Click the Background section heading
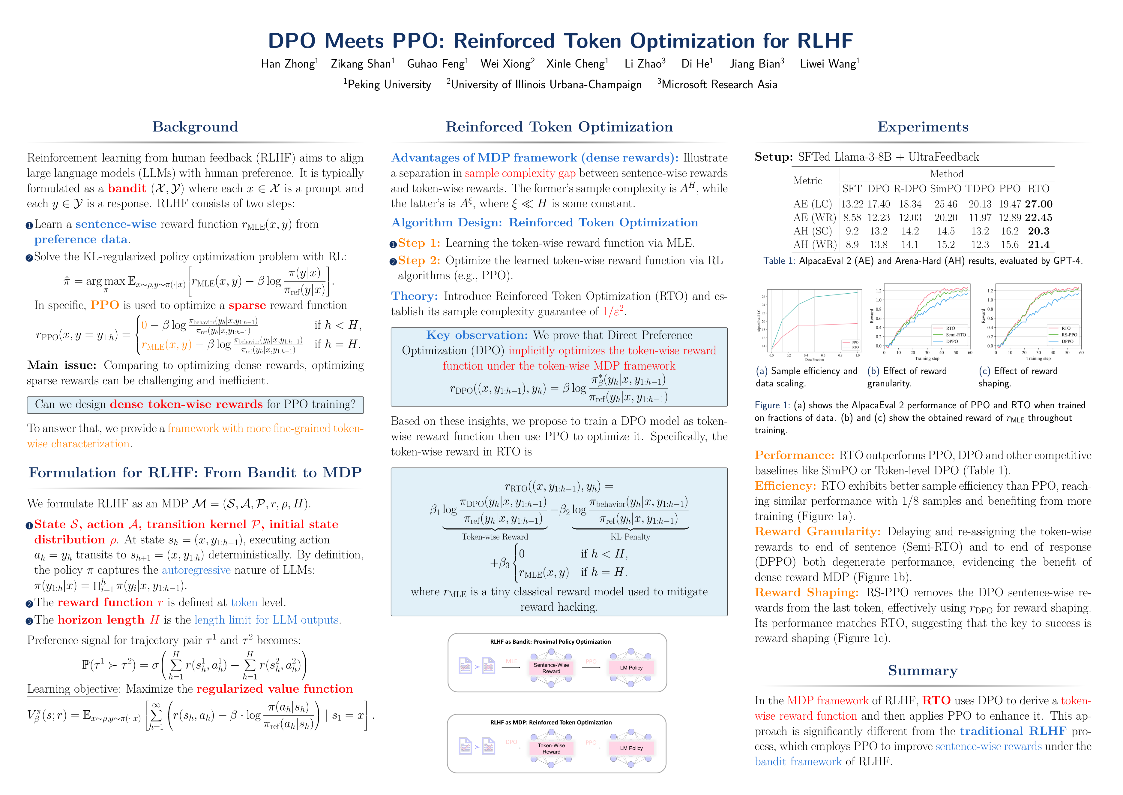pos(195,127)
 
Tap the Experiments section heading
pos(922,127)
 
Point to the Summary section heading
pos(922,671)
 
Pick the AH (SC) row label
pos(813,231)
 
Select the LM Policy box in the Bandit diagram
pos(631,668)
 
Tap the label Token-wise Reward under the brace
pos(495,537)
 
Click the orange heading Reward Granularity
pos(817,532)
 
